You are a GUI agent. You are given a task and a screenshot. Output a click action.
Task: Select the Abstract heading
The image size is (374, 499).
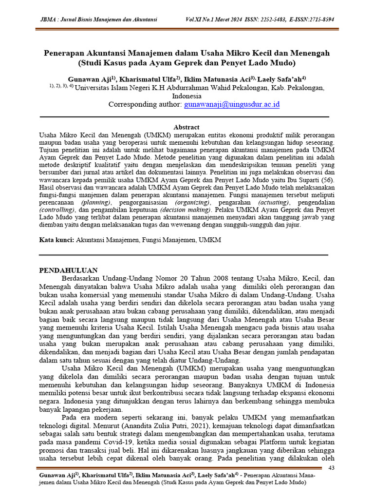coord(187,127)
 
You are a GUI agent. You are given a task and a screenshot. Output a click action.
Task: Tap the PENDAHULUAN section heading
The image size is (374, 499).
coord(68,270)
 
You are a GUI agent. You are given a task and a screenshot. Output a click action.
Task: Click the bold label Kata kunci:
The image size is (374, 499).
coord(56,241)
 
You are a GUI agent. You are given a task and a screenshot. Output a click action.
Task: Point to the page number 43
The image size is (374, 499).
coord(333,468)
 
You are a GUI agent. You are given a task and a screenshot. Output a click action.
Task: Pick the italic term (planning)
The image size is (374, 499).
coord(96,202)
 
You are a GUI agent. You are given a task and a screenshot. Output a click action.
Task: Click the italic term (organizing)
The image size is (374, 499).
coord(189,202)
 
